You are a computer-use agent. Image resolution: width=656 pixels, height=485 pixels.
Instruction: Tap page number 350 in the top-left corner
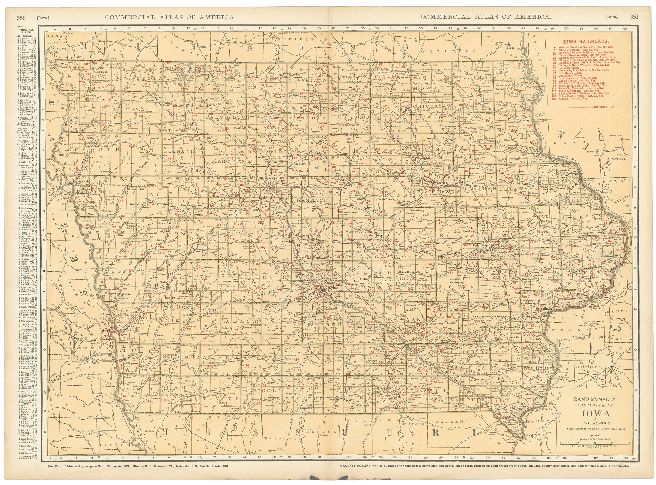tap(21, 17)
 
